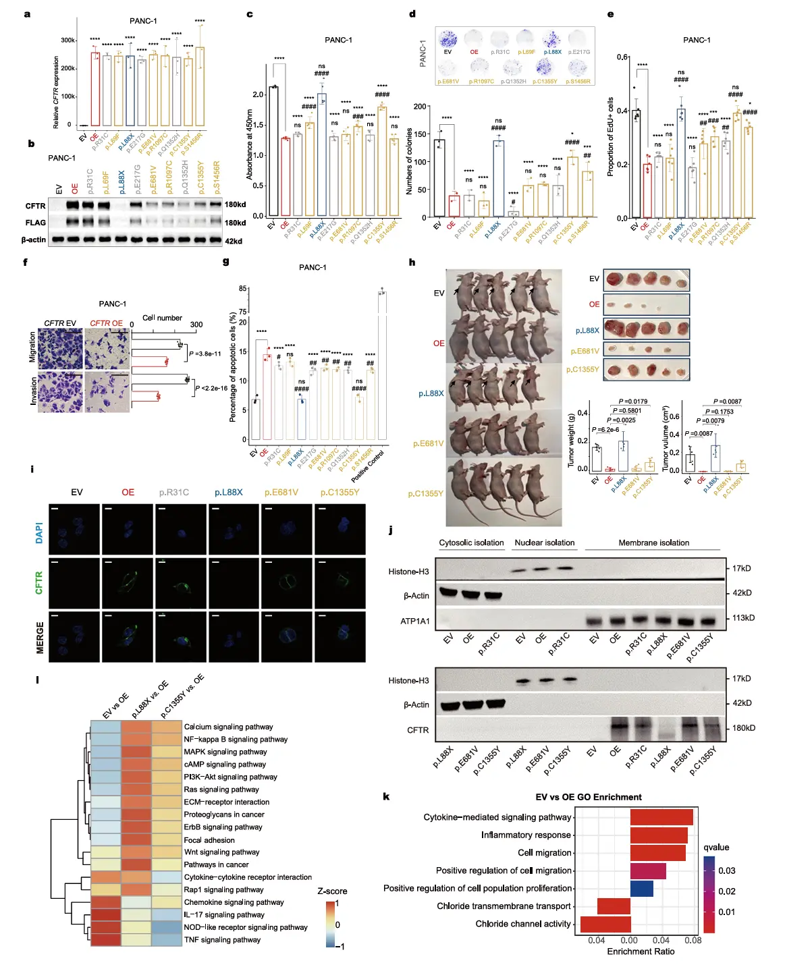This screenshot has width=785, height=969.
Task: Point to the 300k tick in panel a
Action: click(68, 40)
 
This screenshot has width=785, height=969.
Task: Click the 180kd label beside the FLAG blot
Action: click(235, 223)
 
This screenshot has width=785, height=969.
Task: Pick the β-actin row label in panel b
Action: click(34, 240)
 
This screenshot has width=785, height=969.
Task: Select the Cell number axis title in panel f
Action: click(162, 318)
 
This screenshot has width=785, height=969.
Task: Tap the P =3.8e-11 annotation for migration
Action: click(205, 354)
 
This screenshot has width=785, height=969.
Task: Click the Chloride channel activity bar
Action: click(605, 924)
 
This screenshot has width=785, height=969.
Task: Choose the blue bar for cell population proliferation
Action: click(642, 888)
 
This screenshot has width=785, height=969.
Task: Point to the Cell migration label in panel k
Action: click(544, 853)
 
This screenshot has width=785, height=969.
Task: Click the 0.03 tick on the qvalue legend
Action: click(727, 870)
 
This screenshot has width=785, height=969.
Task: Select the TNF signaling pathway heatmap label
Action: click(222, 939)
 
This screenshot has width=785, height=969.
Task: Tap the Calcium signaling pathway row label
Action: click(228, 727)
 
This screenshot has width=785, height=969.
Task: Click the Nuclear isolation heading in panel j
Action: click(544, 543)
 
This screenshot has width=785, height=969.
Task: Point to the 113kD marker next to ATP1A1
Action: click(743, 618)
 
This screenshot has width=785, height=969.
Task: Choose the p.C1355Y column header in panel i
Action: click(340, 493)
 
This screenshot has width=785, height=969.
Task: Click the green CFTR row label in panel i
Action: click(39, 582)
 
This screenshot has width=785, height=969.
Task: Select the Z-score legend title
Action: click(332, 891)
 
